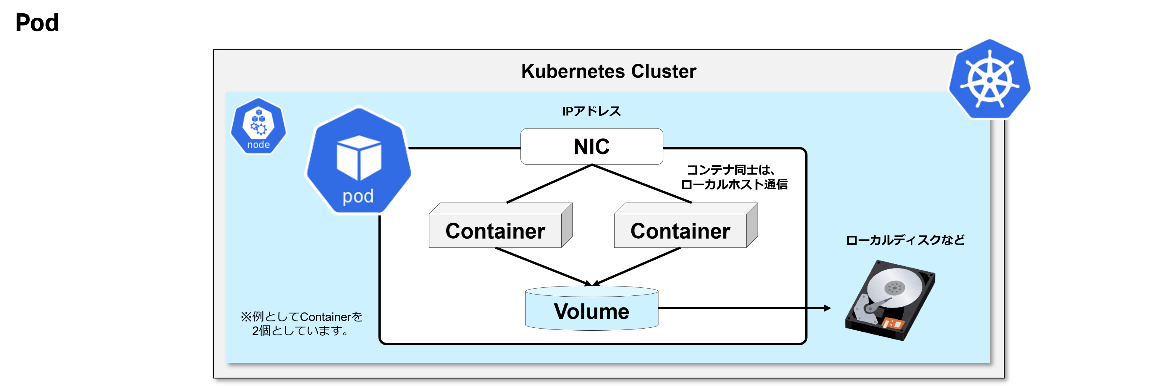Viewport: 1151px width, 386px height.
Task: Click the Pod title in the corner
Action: (37, 22)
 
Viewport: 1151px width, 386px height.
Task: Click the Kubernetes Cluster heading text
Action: (609, 71)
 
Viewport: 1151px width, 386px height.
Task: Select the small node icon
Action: (258, 126)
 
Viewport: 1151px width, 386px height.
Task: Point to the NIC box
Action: (591, 146)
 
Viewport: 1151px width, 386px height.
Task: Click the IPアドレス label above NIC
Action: (591, 111)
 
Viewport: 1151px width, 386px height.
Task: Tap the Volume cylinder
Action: (591, 308)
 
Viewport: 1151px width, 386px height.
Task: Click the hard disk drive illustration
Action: (890, 300)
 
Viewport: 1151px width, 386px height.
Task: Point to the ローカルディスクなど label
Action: (905, 240)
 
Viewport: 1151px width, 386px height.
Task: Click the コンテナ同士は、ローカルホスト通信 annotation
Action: (734, 177)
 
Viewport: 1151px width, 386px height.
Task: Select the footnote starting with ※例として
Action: (302, 323)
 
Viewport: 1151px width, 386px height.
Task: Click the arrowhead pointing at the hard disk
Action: (827, 308)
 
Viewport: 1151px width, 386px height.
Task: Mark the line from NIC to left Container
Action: (549, 184)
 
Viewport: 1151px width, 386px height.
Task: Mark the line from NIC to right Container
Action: (642, 184)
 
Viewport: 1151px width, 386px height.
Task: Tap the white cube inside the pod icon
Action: (359, 157)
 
